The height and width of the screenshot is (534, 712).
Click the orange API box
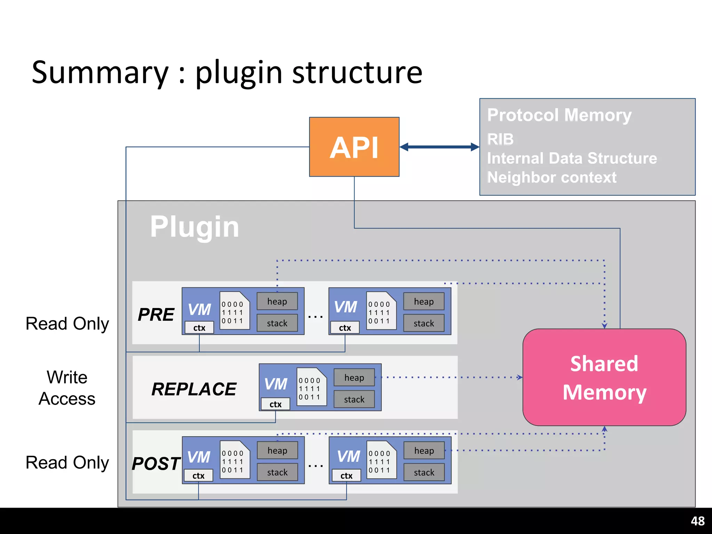click(x=354, y=147)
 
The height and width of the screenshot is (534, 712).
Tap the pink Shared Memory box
click(x=604, y=377)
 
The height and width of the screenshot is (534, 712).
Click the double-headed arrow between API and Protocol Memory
click(x=439, y=147)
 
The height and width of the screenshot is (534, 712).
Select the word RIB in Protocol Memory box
click(x=500, y=139)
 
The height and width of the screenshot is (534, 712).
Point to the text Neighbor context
click(x=552, y=177)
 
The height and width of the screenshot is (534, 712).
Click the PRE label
click(x=156, y=315)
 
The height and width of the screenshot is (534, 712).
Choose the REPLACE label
click(x=194, y=389)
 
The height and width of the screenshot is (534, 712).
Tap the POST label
click(x=156, y=464)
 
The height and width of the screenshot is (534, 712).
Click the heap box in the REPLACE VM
click(x=354, y=378)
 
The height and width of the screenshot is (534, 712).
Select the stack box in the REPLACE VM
click(x=354, y=399)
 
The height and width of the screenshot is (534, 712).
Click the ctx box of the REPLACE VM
click(x=275, y=404)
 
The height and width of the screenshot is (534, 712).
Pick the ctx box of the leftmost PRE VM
click(x=199, y=328)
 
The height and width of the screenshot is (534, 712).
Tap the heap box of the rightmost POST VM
click(x=424, y=451)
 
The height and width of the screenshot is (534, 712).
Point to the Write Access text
click(x=67, y=388)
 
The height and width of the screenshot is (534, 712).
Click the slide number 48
click(x=697, y=521)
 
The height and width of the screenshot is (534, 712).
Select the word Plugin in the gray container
click(x=194, y=227)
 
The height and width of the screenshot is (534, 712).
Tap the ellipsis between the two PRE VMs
click(x=315, y=317)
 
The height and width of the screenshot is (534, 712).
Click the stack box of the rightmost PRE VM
click(x=424, y=323)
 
